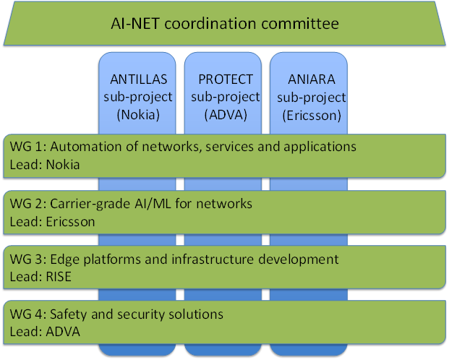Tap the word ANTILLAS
click(x=137, y=80)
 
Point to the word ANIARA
click(x=307, y=80)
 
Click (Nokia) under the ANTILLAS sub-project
click(x=137, y=114)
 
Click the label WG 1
click(x=26, y=147)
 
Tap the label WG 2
click(x=26, y=205)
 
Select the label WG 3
click(x=26, y=259)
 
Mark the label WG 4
click(x=26, y=314)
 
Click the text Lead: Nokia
click(x=44, y=165)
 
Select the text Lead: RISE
click(x=40, y=276)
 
